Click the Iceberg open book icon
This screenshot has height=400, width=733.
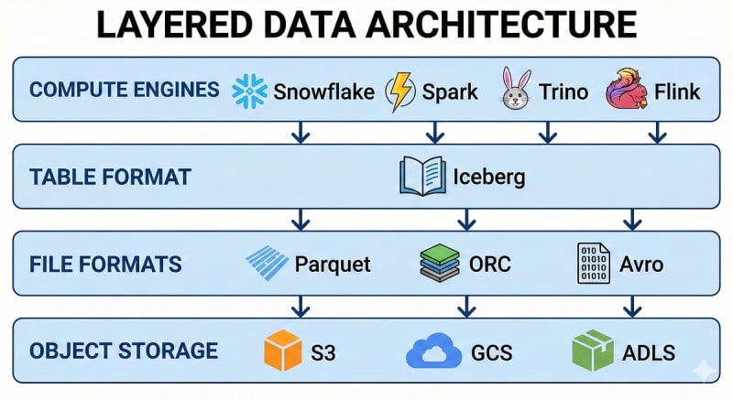[422, 176]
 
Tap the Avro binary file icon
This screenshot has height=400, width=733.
[594, 264]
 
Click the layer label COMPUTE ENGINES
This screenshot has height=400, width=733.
[125, 90]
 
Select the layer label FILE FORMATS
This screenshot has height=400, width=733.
[105, 265]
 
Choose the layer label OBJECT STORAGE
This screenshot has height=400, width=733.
[124, 351]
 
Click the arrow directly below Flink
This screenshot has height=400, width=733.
[656, 134]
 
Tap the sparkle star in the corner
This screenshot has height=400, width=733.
[704, 371]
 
